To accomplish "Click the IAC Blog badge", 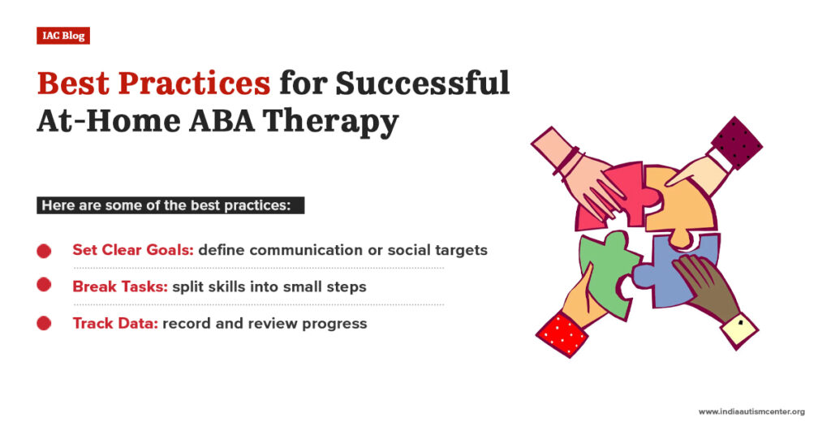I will click(x=62, y=36).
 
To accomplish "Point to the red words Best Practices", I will click(x=153, y=83).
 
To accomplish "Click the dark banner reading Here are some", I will click(x=170, y=205).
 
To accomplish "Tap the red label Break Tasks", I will click(x=120, y=286).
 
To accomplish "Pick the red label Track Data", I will click(x=115, y=323).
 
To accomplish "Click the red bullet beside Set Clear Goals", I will click(x=45, y=251).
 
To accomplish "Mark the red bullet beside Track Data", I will click(x=45, y=323).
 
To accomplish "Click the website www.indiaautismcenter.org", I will click(x=751, y=411).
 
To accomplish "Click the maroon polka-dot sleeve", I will click(x=736, y=143).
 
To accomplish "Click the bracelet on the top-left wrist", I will click(x=566, y=161).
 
